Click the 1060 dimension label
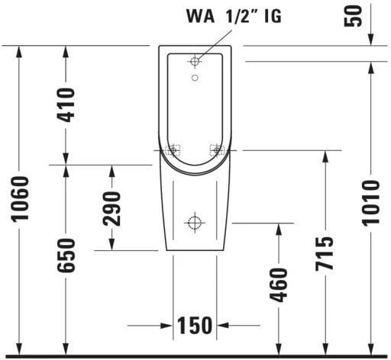[x=21, y=200]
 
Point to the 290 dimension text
[x=112, y=207]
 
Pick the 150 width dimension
[x=195, y=325]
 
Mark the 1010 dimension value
[x=370, y=202]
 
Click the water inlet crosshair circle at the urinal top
[x=195, y=60]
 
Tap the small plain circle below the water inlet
[x=195, y=78]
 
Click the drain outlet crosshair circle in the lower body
[x=195, y=223]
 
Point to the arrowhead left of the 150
[x=170, y=325]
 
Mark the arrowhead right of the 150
[x=221, y=325]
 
